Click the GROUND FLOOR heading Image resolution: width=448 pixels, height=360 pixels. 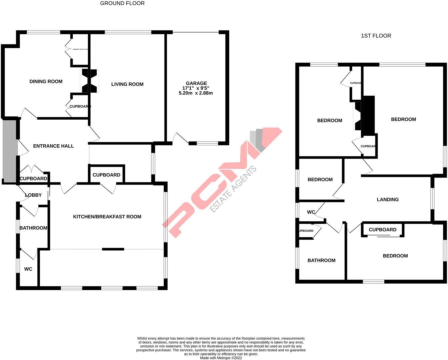(x=122, y=3)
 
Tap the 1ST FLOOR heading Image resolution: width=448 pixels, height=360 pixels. (x=376, y=36)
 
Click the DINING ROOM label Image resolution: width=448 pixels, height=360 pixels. (x=46, y=81)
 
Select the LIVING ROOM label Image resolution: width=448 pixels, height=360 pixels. (x=127, y=84)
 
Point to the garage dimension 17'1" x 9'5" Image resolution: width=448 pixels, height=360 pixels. (x=196, y=88)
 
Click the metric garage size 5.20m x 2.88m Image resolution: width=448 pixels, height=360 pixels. (x=196, y=93)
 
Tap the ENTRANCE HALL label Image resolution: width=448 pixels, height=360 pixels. (x=53, y=146)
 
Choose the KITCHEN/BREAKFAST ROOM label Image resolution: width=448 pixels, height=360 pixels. (x=107, y=217)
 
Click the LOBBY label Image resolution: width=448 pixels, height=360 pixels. (x=33, y=195)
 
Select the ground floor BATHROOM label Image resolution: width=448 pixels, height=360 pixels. (x=33, y=228)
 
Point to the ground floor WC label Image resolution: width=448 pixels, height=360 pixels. (x=28, y=269)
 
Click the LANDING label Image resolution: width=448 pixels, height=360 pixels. (x=388, y=200)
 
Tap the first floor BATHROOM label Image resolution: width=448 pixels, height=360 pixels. (x=321, y=260)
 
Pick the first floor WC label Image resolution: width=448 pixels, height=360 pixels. (x=311, y=212)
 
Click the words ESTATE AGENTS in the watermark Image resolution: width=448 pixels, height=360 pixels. (x=233, y=189)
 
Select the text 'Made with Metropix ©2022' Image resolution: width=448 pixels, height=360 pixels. (x=221, y=358)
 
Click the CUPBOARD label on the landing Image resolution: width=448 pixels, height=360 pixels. (x=382, y=230)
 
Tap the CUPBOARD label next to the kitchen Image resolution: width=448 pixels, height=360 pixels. (x=106, y=175)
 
